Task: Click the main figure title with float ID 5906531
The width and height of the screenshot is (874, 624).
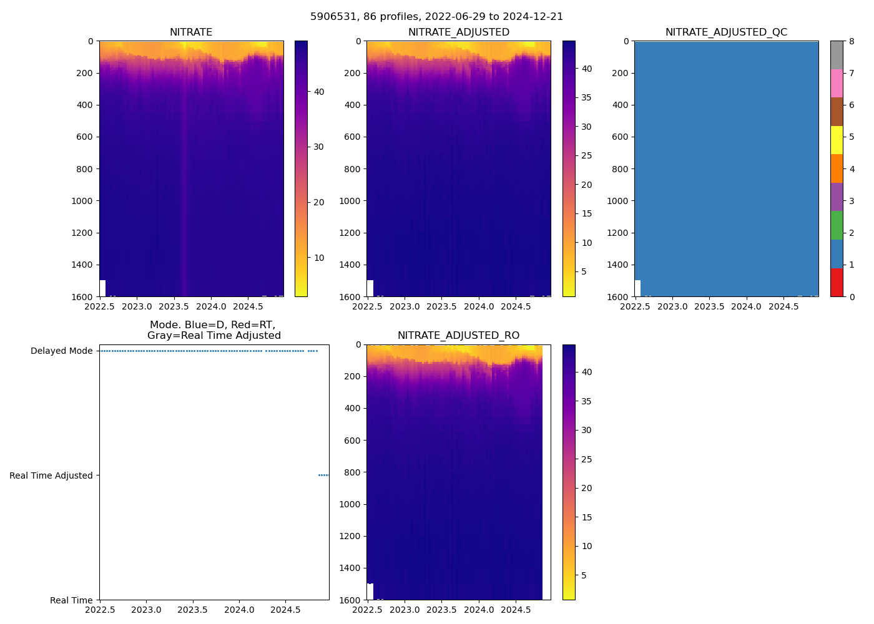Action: (436, 17)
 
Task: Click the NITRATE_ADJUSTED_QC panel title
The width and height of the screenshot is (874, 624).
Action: (726, 32)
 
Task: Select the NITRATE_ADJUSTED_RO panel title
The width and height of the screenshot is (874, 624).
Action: (458, 336)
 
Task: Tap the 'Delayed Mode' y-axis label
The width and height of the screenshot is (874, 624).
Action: (61, 351)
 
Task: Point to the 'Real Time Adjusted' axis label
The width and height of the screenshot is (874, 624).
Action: (51, 475)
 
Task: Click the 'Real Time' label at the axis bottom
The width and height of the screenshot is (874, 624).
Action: (71, 600)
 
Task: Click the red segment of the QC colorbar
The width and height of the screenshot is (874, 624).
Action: (837, 282)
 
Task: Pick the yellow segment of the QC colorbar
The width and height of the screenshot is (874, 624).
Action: (837, 140)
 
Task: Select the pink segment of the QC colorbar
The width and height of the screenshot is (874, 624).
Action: (837, 83)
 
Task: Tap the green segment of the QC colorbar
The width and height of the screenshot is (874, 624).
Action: (837, 225)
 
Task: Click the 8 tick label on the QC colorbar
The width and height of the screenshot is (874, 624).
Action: (852, 41)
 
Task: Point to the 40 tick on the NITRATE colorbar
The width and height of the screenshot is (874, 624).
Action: (319, 92)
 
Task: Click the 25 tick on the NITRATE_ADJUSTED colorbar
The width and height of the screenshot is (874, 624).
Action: (587, 155)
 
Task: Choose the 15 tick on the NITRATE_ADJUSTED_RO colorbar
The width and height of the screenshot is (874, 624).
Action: (587, 517)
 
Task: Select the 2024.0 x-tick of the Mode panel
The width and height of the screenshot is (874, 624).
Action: (239, 610)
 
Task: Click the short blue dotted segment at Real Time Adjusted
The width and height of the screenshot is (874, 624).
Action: (323, 475)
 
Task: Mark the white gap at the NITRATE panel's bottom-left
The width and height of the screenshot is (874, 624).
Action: (102, 288)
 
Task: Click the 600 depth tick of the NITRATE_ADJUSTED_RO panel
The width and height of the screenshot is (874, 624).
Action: (353, 441)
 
